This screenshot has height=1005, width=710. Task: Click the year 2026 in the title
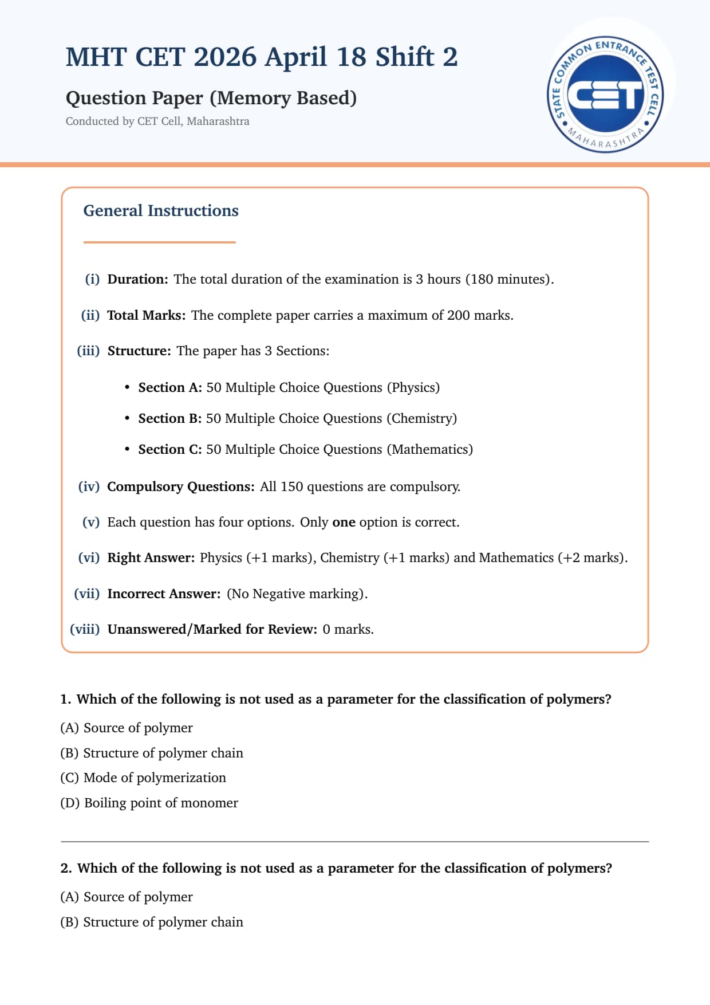(224, 57)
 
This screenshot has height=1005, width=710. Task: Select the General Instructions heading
(161, 211)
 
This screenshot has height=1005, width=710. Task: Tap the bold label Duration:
(137, 279)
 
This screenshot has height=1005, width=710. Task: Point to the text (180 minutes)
(510, 279)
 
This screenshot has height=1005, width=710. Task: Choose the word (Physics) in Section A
(413, 387)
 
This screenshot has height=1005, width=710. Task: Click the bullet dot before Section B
(127, 418)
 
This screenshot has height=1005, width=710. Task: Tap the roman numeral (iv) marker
(89, 486)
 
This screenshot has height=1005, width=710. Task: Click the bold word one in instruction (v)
(344, 522)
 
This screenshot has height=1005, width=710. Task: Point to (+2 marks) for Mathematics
(592, 558)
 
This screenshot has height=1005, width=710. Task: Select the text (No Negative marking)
(297, 594)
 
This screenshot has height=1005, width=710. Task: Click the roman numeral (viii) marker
(85, 629)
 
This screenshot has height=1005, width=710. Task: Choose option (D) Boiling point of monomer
(149, 803)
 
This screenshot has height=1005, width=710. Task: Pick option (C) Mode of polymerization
(143, 778)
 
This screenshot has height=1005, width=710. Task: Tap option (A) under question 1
(127, 728)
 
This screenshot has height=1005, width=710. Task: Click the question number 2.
(66, 868)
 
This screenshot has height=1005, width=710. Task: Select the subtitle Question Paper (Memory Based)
(211, 98)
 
